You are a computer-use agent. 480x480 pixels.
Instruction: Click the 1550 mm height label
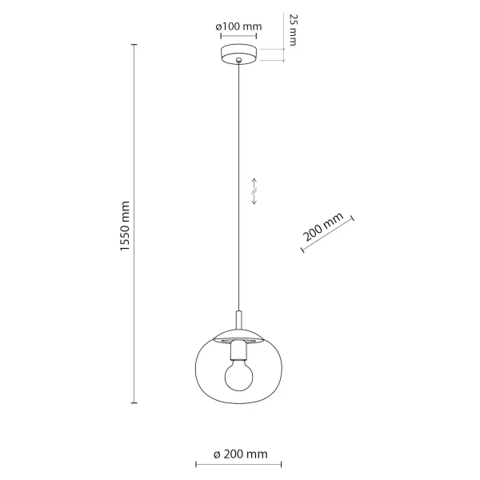click(x=124, y=226)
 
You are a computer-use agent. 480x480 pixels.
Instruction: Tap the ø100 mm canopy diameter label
click(x=239, y=27)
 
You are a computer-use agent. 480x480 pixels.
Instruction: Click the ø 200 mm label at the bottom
click(x=240, y=454)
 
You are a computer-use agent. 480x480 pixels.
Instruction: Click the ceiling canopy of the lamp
click(x=239, y=54)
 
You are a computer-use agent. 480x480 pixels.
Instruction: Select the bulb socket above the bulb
click(x=238, y=350)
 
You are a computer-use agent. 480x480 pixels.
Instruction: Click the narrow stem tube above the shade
click(x=238, y=320)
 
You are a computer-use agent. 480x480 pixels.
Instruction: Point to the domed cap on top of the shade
click(x=238, y=334)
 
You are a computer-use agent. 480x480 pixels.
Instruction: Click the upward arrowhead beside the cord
click(x=254, y=179)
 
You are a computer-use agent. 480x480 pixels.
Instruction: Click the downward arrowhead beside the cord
click(x=254, y=202)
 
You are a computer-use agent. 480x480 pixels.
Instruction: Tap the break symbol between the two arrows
click(x=254, y=190)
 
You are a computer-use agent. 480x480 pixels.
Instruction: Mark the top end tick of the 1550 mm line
click(x=133, y=45)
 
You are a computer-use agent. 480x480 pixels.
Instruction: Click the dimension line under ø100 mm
click(x=239, y=37)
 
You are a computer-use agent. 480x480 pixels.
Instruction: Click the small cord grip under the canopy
click(x=238, y=63)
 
